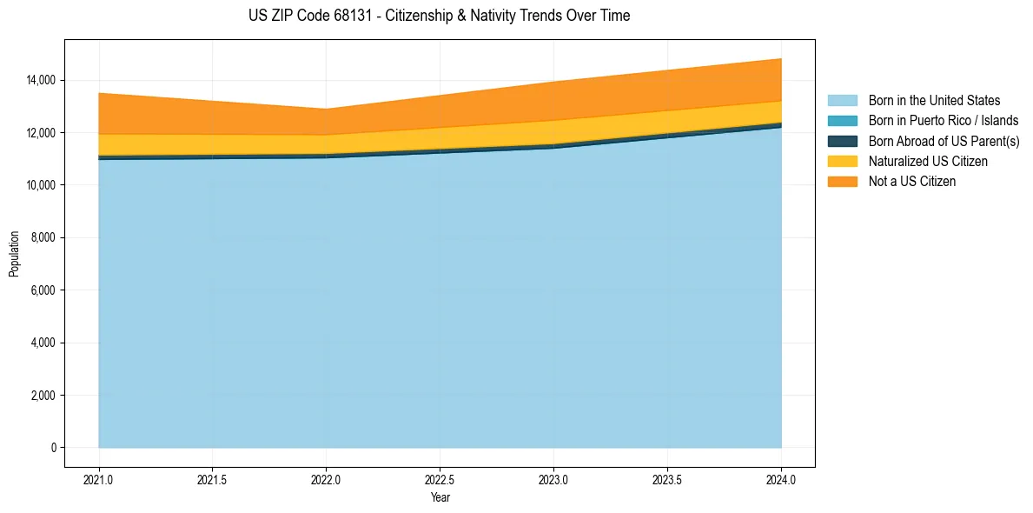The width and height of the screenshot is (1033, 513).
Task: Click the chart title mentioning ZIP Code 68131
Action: click(x=439, y=16)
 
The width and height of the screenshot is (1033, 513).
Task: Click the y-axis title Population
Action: click(x=14, y=254)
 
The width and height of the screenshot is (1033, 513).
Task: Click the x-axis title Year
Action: click(x=440, y=498)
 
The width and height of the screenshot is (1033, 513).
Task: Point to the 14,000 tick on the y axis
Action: click(x=40, y=80)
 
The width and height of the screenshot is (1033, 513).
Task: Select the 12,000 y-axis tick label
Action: click(x=40, y=133)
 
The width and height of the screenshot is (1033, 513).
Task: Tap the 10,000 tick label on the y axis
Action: click(x=40, y=185)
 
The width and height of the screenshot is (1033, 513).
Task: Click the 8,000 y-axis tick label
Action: click(x=43, y=237)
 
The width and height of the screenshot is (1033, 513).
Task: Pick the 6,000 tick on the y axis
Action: click(x=43, y=290)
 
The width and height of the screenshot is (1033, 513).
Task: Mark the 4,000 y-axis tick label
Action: click(x=43, y=343)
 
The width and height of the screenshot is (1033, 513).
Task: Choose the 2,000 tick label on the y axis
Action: click(x=43, y=396)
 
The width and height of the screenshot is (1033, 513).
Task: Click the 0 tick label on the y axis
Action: click(x=53, y=448)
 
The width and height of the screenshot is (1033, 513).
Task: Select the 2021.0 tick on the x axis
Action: click(x=99, y=479)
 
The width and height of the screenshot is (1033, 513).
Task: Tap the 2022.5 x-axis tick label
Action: click(x=440, y=479)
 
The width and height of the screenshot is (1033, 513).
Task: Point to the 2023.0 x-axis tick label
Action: click(x=553, y=479)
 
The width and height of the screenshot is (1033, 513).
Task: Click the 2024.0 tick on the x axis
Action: click(x=781, y=479)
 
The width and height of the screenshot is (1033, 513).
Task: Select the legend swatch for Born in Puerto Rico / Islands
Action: click(x=842, y=121)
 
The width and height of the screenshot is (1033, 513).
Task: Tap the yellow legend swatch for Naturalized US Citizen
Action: click(x=842, y=162)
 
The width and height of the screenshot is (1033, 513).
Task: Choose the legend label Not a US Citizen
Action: click(x=911, y=182)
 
